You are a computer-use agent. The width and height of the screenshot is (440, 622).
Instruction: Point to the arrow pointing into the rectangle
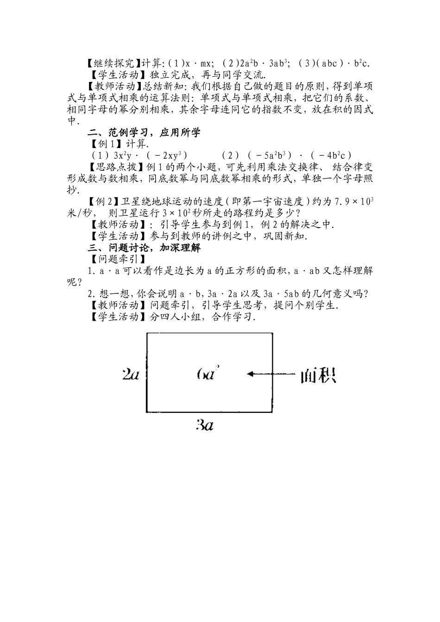pyautogui.click(x=270, y=373)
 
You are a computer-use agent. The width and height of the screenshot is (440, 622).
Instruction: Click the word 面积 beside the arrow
pyautogui.click(x=318, y=375)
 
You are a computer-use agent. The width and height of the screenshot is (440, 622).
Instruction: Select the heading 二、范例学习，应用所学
pyautogui.click(x=145, y=133)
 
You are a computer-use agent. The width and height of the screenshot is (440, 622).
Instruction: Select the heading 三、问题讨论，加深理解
pyautogui.click(x=145, y=248)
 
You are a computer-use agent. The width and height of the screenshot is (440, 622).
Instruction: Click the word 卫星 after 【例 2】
pyautogui.click(x=132, y=201)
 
